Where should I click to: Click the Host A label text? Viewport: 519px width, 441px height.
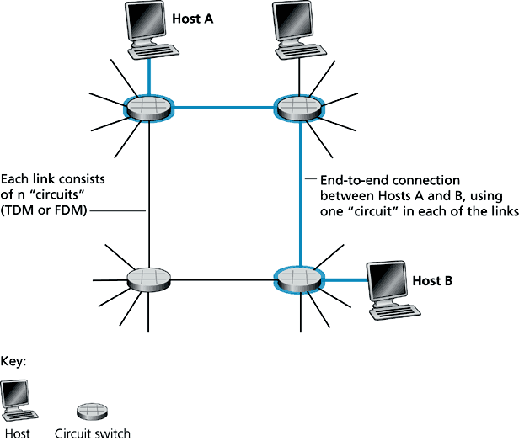[x=193, y=17]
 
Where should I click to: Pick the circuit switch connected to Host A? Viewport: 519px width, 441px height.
[x=148, y=107]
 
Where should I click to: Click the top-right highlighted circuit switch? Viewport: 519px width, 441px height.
[x=299, y=107]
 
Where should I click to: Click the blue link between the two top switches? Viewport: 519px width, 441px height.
[x=224, y=107]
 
